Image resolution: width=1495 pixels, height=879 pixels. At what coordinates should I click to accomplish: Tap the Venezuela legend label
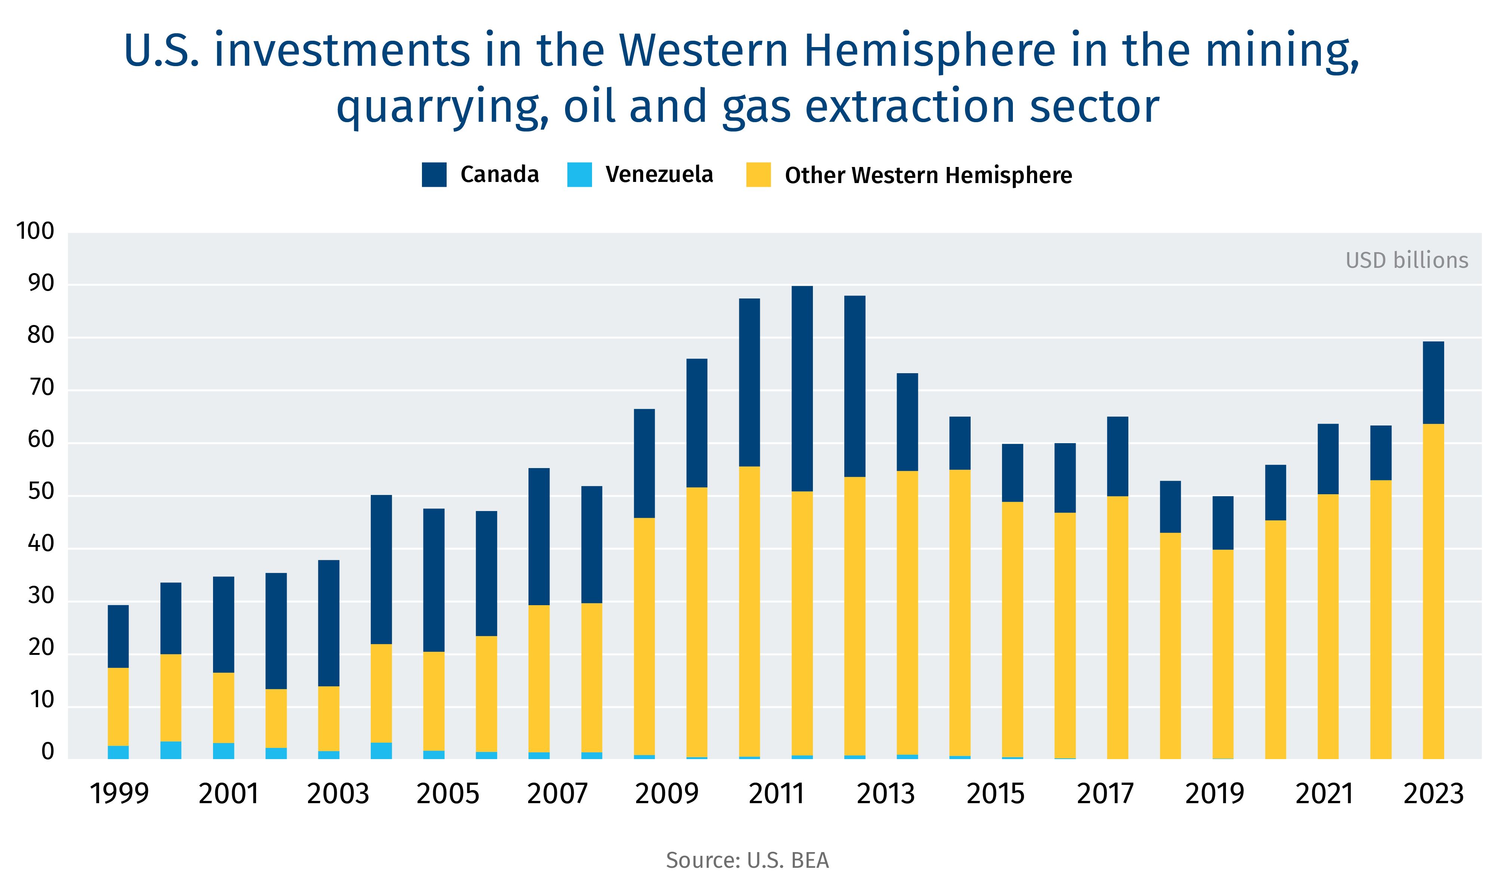[x=659, y=174]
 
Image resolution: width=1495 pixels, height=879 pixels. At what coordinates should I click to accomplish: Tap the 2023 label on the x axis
[x=1433, y=793]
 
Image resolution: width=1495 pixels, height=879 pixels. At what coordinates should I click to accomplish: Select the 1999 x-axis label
[x=118, y=793]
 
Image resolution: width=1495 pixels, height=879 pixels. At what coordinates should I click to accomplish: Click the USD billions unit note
[x=1406, y=260]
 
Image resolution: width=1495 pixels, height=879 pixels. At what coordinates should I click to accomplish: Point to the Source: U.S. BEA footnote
[x=747, y=860]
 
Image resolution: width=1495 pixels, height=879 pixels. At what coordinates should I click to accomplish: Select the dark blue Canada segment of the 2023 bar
[x=1433, y=383]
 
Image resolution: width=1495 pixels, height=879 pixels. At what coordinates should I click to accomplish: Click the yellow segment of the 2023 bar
[x=1433, y=593]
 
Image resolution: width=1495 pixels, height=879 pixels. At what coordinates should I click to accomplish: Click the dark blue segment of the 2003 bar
[x=329, y=623]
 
